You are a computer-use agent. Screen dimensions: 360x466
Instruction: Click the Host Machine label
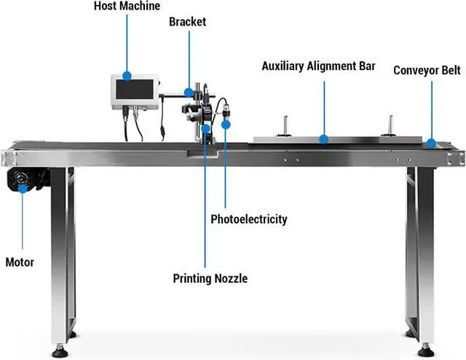(x=127, y=6)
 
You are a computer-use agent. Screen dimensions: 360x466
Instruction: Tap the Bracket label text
(x=187, y=22)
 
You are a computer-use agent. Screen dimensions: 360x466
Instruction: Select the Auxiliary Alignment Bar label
(x=318, y=66)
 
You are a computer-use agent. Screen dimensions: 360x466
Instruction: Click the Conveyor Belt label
(x=427, y=71)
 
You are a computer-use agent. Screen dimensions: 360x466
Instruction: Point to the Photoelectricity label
(x=248, y=219)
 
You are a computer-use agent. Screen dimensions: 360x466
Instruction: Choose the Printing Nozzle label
(x=210, y=278)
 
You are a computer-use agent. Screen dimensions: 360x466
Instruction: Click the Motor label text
(x=20, y=262)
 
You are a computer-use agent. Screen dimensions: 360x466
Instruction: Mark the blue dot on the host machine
(x=127, y=74)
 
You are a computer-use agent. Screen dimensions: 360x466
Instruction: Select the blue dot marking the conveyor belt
(x=433, y=143)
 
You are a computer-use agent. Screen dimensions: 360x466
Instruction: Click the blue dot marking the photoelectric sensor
(x=226, y=125)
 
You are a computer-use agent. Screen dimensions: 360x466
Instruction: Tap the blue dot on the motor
(x=23, y=188)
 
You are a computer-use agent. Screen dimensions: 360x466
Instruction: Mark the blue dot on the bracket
(x=189, y=93)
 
